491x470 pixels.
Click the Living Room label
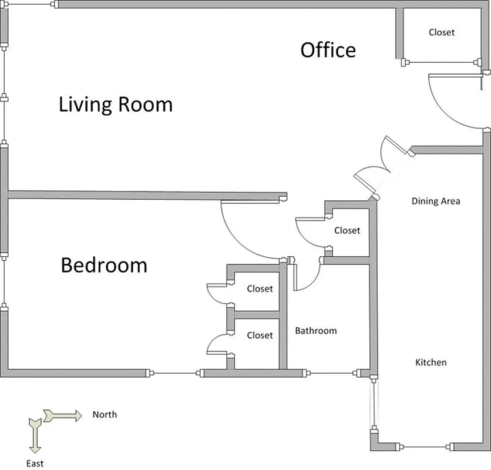click(x=116, y=105)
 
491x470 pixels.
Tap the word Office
click(x=328, y=50)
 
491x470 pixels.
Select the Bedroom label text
click(x=104, y=265)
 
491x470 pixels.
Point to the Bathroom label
click(x=316, y=331)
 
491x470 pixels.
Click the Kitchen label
click(x=431, y=362)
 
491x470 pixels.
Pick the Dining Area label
click(x=436, y=201)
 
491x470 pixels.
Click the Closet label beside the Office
click(x=442, y=32)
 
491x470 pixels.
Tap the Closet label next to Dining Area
click(x=347, y=230)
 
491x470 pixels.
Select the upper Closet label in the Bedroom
click(x=260, y=288)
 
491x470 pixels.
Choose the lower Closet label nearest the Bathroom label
click(x=260, y=335)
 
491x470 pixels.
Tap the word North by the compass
click(x=105, y=415)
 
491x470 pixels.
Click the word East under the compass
click(x=35, y=464)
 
